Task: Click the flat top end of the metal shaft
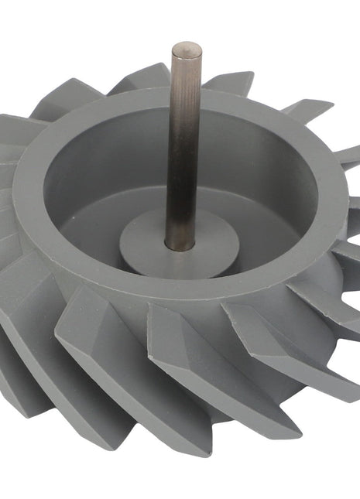(186, 48)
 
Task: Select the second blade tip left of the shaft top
(74, 97)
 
